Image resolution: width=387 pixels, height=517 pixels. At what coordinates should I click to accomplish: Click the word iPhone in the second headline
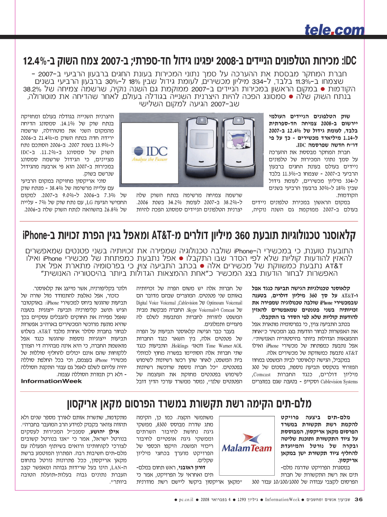click(35, 236)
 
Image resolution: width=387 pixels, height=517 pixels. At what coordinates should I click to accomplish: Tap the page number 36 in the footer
click(359, 499)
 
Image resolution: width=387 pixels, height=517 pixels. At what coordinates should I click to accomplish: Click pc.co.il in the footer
click(187, 500)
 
